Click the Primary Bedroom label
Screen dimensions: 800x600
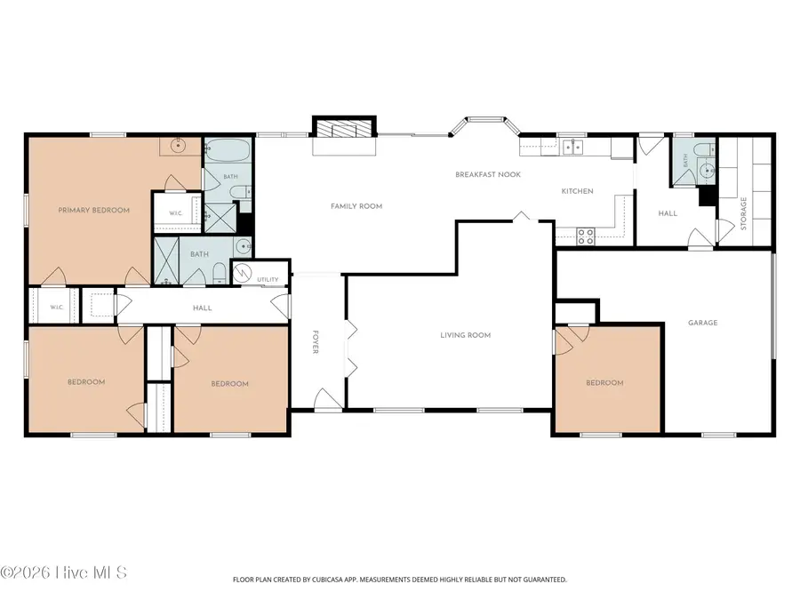coord(94,210)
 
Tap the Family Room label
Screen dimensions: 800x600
coord(356,206)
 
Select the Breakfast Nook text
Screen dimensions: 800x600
coord(488,174)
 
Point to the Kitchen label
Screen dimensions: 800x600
coord(577,191)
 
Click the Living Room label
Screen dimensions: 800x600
coord(465,335)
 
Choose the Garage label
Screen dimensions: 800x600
coord(702,323)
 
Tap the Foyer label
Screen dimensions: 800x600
coord(315,342)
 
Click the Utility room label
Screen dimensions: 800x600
coord(268,280)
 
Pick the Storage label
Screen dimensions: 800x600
coord(743,213)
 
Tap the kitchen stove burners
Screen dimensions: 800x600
coord(585,236)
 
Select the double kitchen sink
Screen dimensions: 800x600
coord(573,147)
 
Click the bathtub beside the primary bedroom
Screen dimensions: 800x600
coord(228,150)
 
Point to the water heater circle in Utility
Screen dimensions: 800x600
coord(243,274)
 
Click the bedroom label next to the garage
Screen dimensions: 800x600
coord(604,382)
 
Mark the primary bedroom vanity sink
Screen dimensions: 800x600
coord(178,145)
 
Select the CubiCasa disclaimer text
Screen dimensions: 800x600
coord(399,580)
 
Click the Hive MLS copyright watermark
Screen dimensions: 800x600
coord(63,572)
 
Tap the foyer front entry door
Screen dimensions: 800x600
coord(327,399)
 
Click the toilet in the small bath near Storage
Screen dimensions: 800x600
coord(706,149)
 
